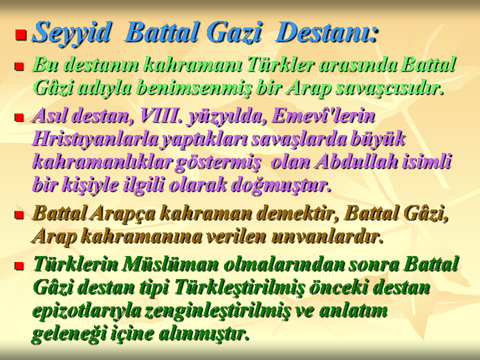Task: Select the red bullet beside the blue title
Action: (21, 34)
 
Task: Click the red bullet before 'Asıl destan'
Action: (19, 117)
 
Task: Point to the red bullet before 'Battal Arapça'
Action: (19, 214)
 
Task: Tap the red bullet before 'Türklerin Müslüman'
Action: (19, 265)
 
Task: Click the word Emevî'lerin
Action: (322, 116)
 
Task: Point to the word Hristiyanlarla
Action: (95, 139)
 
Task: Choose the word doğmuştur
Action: (280, 185)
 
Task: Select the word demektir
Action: (295, 213)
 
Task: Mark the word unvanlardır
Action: (327, 236)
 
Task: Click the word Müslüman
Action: (170, 264)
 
